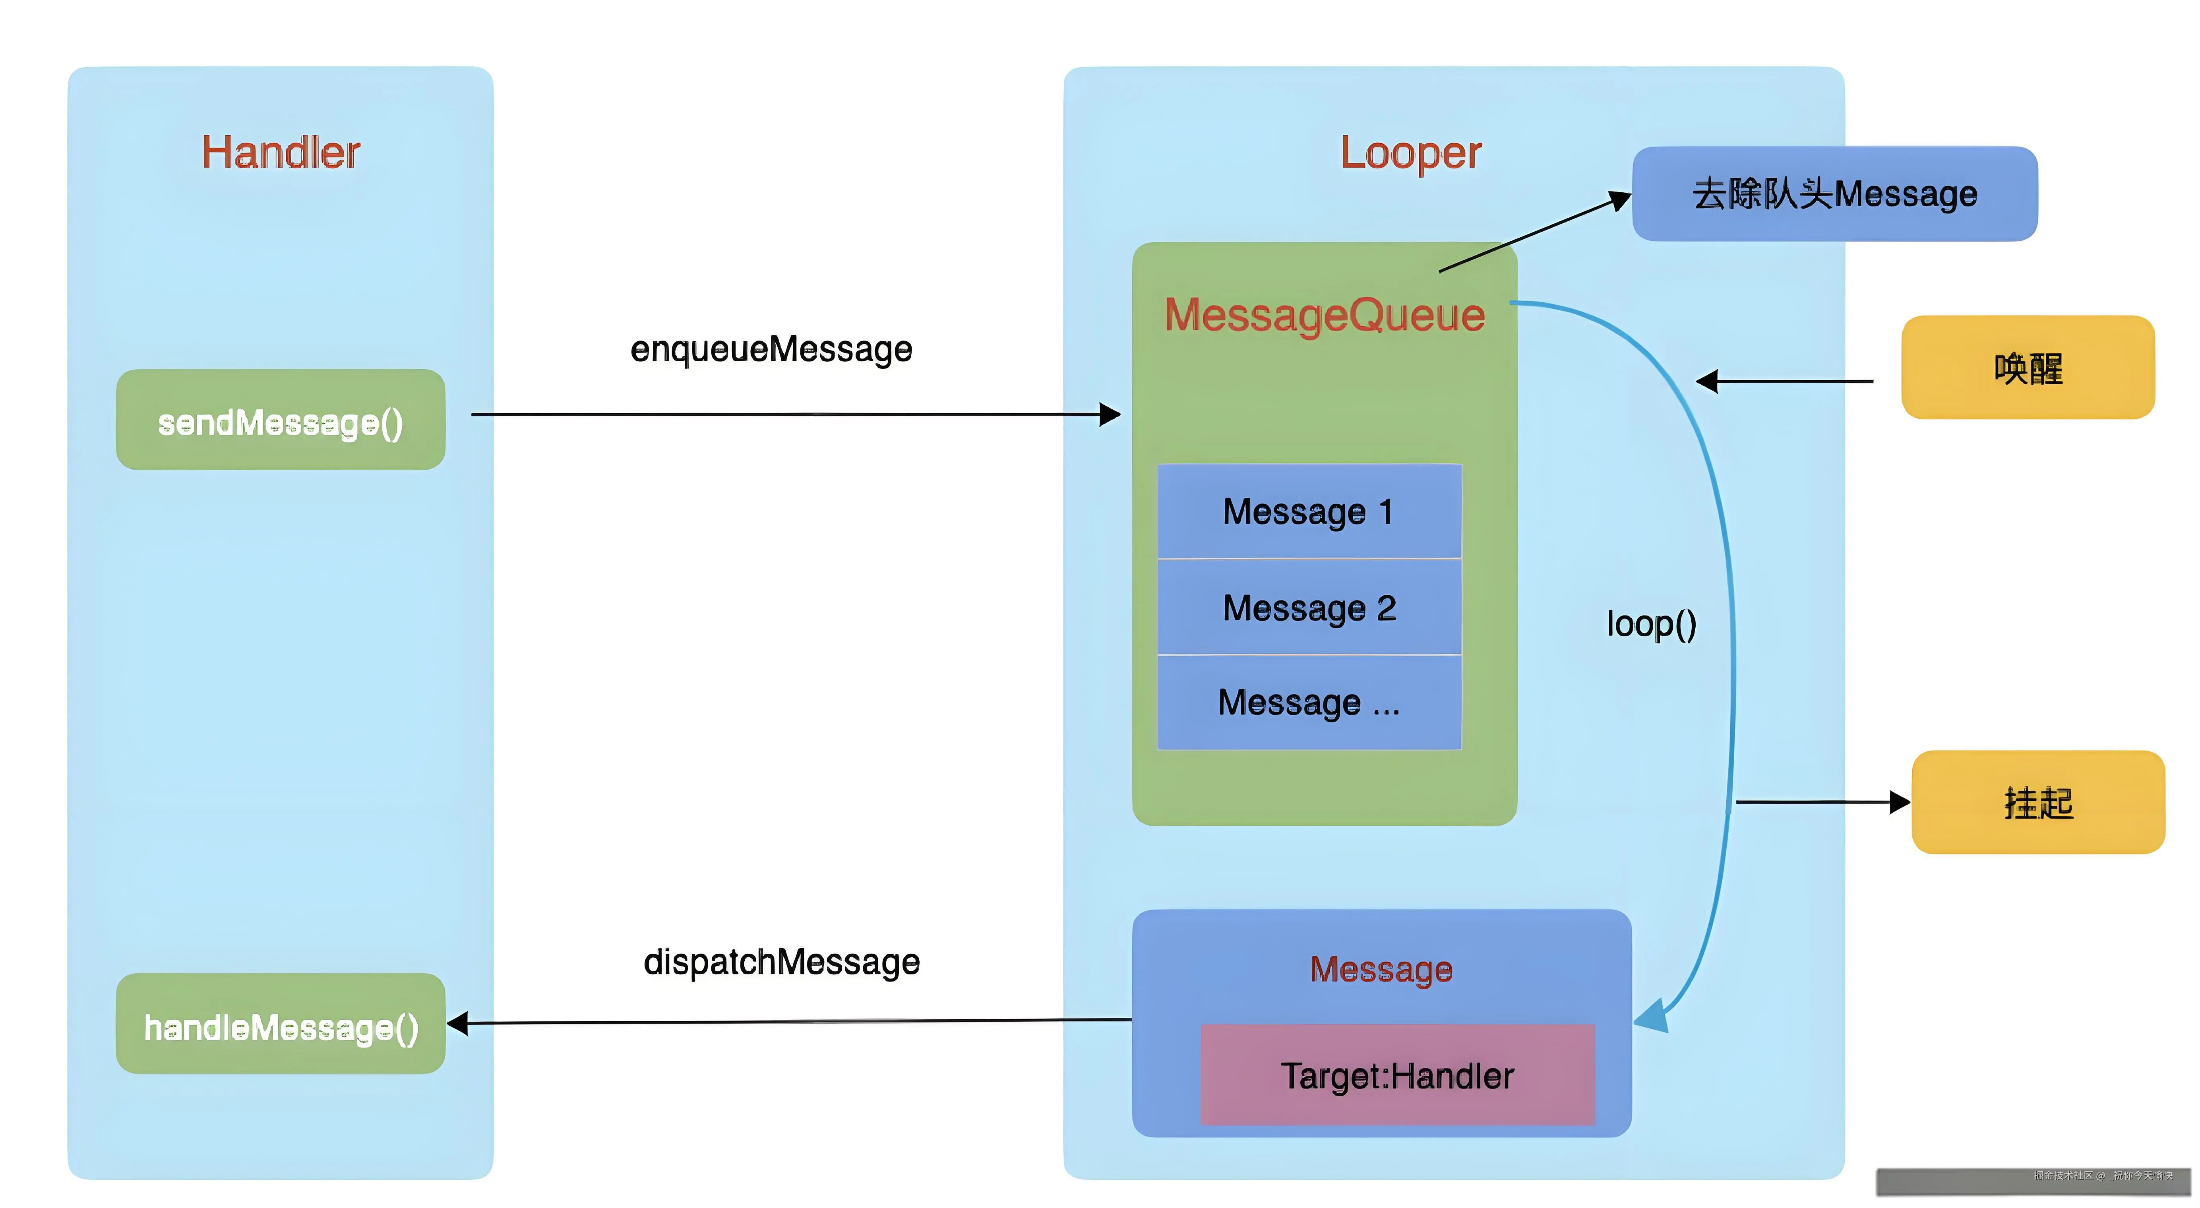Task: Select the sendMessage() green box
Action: click(280, 420)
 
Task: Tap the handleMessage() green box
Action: click(280, 1024)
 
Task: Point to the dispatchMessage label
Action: click(781, 962)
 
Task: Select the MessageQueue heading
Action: click(1325, 315)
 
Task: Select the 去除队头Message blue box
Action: click(1834, 194)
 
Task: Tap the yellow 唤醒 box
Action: click(2028, 368)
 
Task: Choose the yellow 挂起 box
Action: click(2038, 803)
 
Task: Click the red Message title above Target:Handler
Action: click(1381, 970)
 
